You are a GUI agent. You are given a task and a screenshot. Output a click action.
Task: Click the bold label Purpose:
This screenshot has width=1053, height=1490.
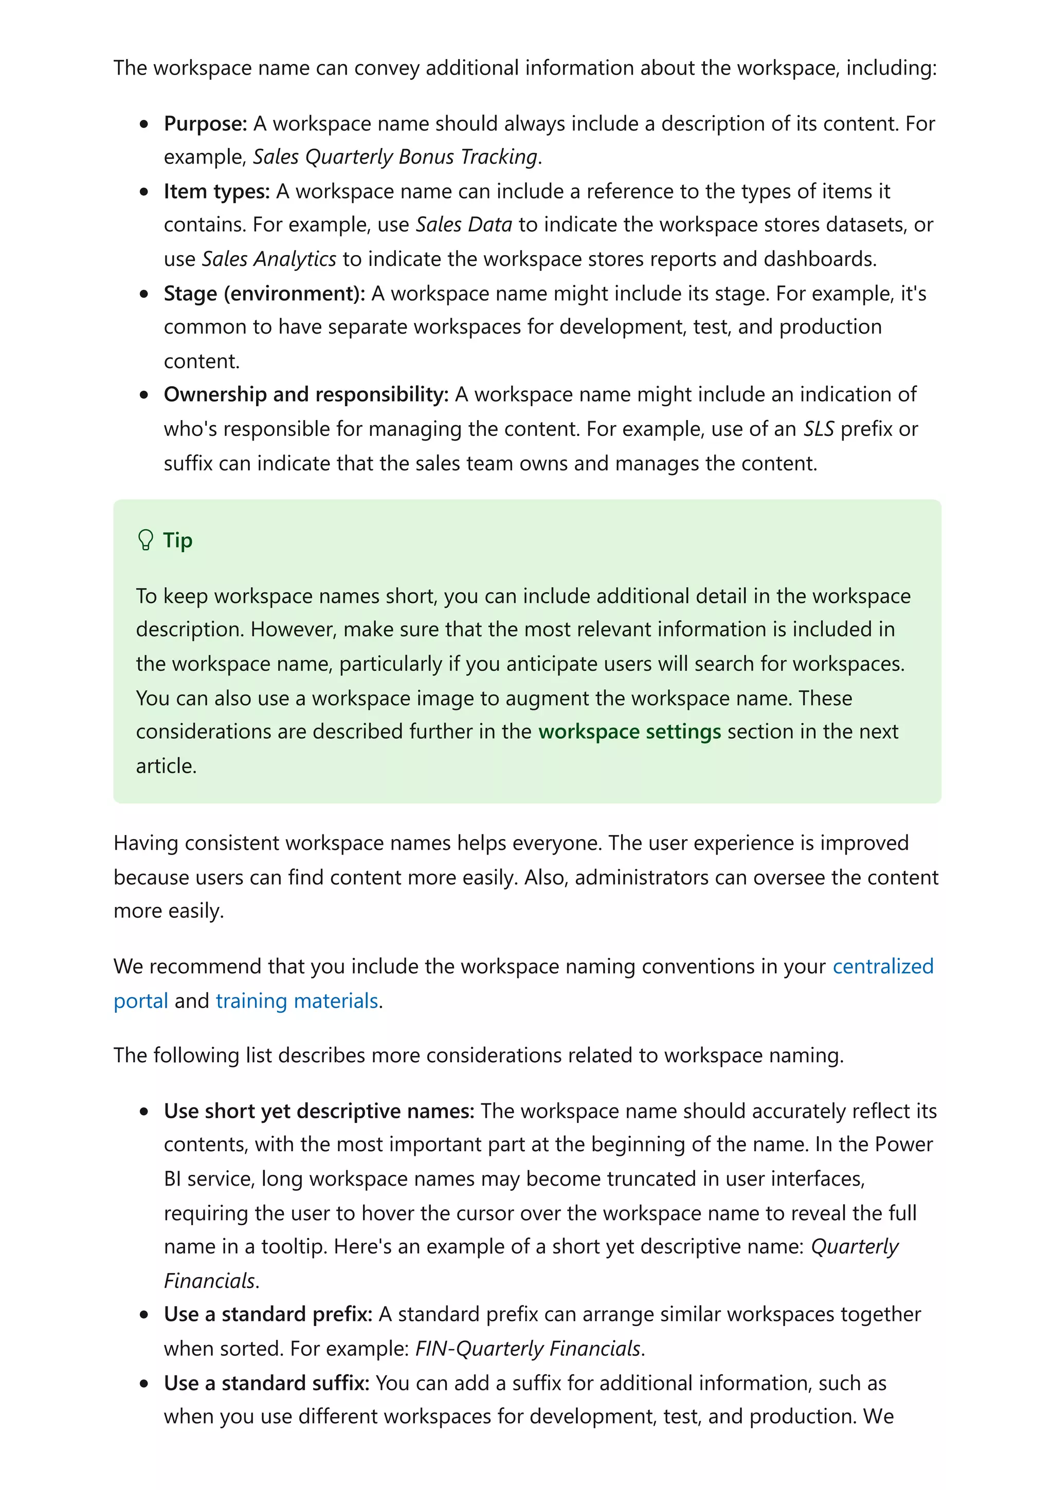click(205, 123)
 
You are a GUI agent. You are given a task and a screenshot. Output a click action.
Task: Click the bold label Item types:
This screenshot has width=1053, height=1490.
click(216, 191)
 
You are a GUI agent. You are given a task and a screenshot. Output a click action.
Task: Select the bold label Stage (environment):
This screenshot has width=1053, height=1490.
click(264, 294)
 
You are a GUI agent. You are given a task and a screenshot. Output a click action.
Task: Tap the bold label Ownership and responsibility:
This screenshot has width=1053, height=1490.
click(305, 394)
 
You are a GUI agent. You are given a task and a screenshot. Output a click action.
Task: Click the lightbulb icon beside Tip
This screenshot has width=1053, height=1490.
click(146, 540)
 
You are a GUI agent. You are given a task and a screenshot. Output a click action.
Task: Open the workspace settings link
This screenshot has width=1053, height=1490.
click(629, 731)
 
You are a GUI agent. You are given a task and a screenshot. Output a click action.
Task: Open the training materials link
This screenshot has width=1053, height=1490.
click(297, 1001)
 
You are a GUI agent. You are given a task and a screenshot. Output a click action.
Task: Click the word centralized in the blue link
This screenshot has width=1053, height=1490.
click(882, 966)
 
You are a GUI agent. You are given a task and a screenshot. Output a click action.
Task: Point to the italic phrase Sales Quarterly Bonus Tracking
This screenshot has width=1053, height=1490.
click(395, 156)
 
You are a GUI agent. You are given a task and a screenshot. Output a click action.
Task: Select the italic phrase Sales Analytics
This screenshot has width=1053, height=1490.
click(268, 259)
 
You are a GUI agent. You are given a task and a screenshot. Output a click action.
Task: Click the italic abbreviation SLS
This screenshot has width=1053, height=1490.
click(818, 429)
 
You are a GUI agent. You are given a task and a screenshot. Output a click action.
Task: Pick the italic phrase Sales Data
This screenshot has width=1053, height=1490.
click(464, 225)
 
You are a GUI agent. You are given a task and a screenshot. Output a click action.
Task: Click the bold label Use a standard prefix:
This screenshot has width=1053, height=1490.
click(268, 1314)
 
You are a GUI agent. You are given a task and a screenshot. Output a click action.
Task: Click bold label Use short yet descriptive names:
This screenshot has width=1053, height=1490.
click(319, 1111)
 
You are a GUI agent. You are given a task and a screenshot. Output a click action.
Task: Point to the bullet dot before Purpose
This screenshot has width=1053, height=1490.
click(144, 124)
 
